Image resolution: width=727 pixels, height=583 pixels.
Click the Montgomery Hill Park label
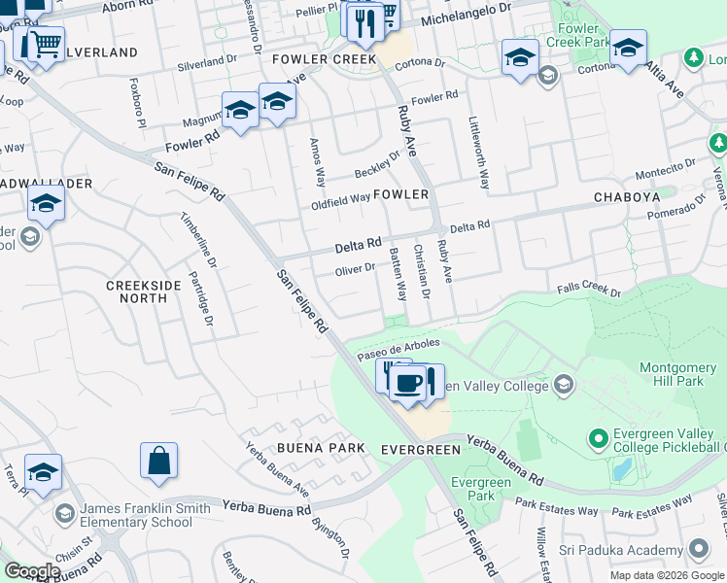[678, 375]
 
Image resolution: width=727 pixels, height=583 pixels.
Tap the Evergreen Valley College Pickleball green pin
[598, 439]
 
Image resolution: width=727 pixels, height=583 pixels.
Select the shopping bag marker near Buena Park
[158, 461]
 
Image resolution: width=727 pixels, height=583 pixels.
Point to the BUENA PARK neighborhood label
[321, 448]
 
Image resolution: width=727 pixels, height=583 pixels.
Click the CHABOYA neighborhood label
[627, 197]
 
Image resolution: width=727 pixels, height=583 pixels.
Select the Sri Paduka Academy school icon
[696, 550]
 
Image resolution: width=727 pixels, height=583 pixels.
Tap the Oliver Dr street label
[355, 268]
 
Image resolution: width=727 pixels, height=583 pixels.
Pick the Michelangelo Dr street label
[466, 20]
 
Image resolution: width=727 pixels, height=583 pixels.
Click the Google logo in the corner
[31, 571]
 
